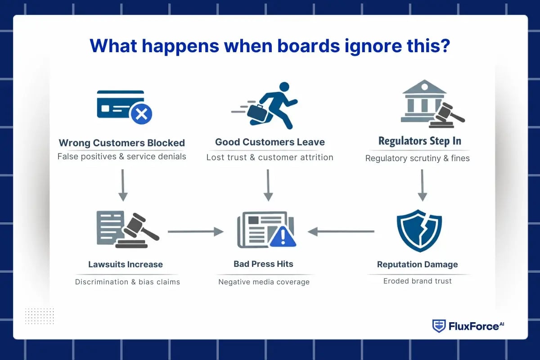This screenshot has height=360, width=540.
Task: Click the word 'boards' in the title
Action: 308,45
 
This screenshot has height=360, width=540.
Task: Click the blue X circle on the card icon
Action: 141,114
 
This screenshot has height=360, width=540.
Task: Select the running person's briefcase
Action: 257,113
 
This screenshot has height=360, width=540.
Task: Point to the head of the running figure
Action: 284,86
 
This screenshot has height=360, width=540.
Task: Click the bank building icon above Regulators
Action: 424,101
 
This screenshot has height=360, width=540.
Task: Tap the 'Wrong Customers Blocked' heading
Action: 122,143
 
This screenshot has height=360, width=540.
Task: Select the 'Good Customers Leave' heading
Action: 270,142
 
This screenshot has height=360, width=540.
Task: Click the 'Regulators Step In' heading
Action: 420,141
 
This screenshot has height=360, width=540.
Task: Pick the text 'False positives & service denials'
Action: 122,157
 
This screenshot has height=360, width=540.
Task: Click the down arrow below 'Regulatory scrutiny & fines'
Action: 422,185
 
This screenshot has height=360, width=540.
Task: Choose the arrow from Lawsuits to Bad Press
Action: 196,231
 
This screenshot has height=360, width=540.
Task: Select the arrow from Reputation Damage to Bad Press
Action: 341,231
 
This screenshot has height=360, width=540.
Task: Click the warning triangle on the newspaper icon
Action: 283,237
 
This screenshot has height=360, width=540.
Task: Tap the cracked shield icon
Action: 419,231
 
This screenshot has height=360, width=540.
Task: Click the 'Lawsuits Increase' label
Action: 126,264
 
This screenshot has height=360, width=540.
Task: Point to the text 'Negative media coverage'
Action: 264,282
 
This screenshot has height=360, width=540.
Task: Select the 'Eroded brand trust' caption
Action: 418,281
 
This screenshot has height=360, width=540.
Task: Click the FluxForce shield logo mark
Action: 439,326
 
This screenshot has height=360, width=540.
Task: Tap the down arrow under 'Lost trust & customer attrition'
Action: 268,185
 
